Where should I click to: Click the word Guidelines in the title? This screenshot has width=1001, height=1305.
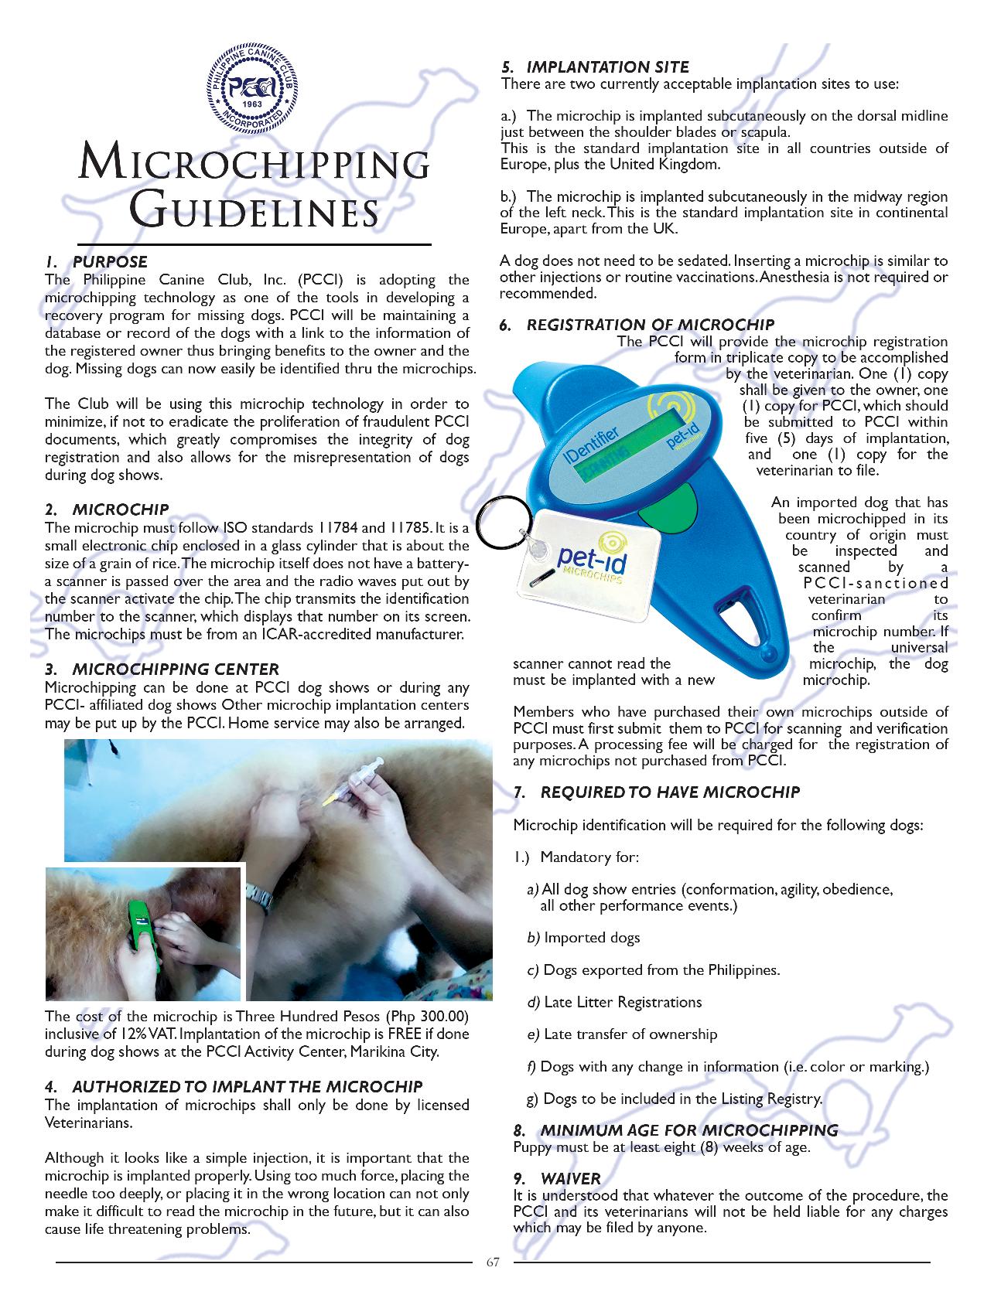click(x=253, y=210)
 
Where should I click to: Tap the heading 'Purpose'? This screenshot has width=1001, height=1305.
click(x=109, y=262)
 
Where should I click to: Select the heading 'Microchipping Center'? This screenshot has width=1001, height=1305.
click(x=175, y=670)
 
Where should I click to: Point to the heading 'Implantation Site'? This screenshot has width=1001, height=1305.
click(x=607, y=67)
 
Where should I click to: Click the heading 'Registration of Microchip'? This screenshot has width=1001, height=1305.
click(x=650, y=325)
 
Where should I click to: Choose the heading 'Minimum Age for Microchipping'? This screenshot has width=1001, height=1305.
click(x=688, y=1130)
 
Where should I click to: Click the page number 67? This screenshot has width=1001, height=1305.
click(x=493, y=1263)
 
